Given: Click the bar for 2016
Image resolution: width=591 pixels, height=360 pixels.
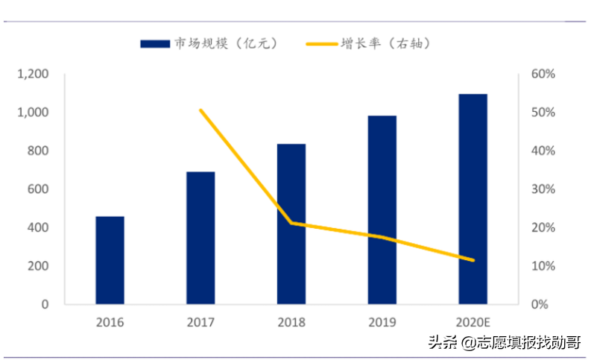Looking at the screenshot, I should tap(110, 260).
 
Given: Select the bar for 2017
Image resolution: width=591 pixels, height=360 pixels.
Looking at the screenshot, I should tap(200, 238).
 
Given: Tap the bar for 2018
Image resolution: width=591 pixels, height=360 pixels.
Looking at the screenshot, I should tap(291, 224).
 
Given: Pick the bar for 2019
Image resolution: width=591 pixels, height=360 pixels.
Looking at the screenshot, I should tap(382, 209).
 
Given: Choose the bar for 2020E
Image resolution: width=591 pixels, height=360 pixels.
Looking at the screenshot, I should tap(473, 199).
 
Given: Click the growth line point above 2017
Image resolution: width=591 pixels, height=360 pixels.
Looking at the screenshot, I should tap(200, 110).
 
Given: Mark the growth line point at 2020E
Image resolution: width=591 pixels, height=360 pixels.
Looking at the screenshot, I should tap(473, 260).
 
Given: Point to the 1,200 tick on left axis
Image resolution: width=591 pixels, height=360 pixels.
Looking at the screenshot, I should tap(34, 74).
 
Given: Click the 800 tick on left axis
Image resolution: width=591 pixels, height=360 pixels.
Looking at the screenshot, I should tap(38, 151).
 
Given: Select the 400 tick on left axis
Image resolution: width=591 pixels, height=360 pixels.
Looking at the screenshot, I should tap(38, 227).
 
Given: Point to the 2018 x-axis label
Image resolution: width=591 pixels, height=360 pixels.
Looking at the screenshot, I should tap(291, 323).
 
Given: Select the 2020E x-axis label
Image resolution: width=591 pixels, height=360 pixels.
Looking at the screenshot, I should tap(473, 323).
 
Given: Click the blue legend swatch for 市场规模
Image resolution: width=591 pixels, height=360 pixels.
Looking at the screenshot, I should tap(154, 44).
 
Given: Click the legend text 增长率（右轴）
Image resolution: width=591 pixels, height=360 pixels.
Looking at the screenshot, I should tap(385, 44).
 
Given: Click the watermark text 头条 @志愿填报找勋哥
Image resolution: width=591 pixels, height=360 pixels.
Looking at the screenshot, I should tap(505, 343).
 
